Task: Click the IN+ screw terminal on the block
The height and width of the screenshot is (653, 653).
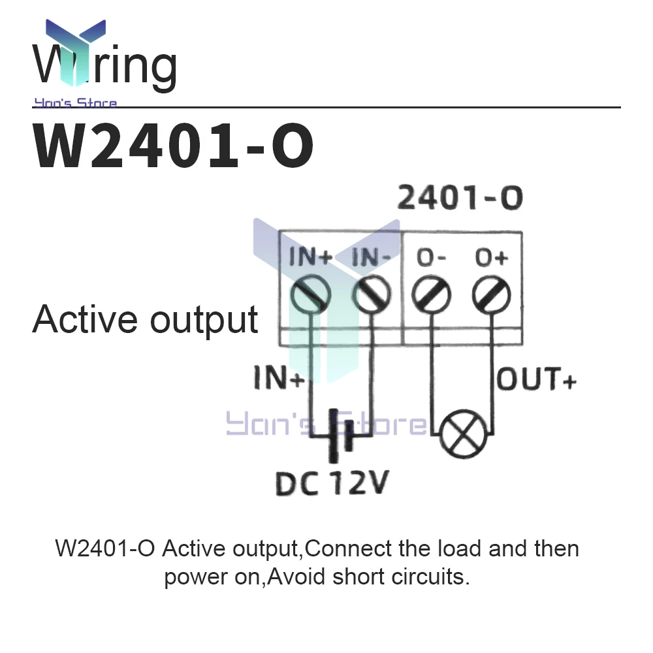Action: pyautogui.click(x=311, y=295)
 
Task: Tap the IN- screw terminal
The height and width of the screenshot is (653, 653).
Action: pyautogui.click(x=372, y=295)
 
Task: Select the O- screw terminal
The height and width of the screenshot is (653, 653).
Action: pyautogui.click(x=432, y=295)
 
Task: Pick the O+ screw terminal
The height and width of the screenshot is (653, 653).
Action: pyautogui.click(x=492, y=295)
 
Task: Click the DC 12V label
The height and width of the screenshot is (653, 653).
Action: pyautogui.click(x=332, y=484)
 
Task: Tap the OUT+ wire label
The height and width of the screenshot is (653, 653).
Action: pyautogui.click(x=537, y=380)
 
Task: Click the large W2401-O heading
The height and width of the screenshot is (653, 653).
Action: pyautogui.click(x=174, y=148)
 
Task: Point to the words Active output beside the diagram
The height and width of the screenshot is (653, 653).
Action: pyautogui.click(x=145, y=320)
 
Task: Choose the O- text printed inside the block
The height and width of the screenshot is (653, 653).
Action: pyautogui.click(x=432, y=259)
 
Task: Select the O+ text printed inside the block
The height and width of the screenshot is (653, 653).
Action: pyautogui.click(x=492, y=259)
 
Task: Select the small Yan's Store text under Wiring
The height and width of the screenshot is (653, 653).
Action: pyautogui.click(x=75, y=103)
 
